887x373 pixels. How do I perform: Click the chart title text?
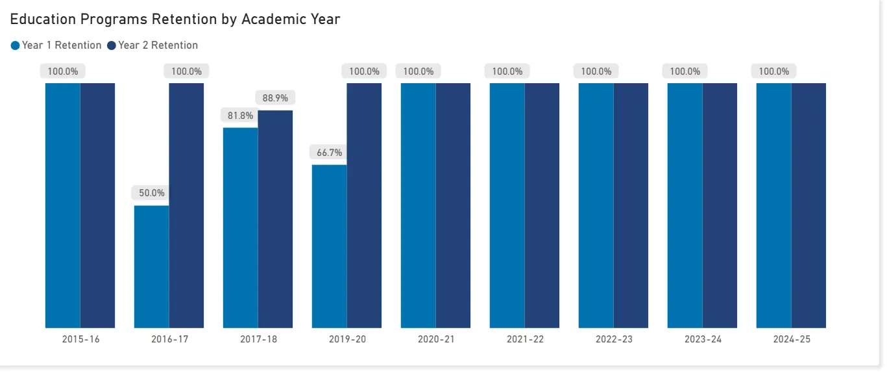click(175, 19)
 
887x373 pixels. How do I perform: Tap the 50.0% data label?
click(152, 193)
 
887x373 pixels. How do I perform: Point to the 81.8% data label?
click(240, 116)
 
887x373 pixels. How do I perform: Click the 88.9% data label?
click(276, 98)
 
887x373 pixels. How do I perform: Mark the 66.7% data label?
click(329, 153)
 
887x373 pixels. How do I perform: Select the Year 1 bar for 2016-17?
click(152, 266)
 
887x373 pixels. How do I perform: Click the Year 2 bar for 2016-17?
click(186, 205)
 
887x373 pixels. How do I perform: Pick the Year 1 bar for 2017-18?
click(240, 227)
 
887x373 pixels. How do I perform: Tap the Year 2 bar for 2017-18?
click(275, 219)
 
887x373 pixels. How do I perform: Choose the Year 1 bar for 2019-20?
click(329, 246)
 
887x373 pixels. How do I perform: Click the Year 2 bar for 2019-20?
click(364, 205)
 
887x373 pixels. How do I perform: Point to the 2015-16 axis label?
click(80, 339)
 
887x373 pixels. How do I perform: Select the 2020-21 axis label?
click(436, 339)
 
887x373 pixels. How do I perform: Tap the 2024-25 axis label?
click(792, 339)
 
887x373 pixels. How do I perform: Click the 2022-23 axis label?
click(614, 339)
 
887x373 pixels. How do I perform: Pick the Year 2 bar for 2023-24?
click(720, 205)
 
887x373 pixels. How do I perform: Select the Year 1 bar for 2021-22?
click(507, 205)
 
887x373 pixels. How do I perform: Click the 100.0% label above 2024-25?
click(774, 71)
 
